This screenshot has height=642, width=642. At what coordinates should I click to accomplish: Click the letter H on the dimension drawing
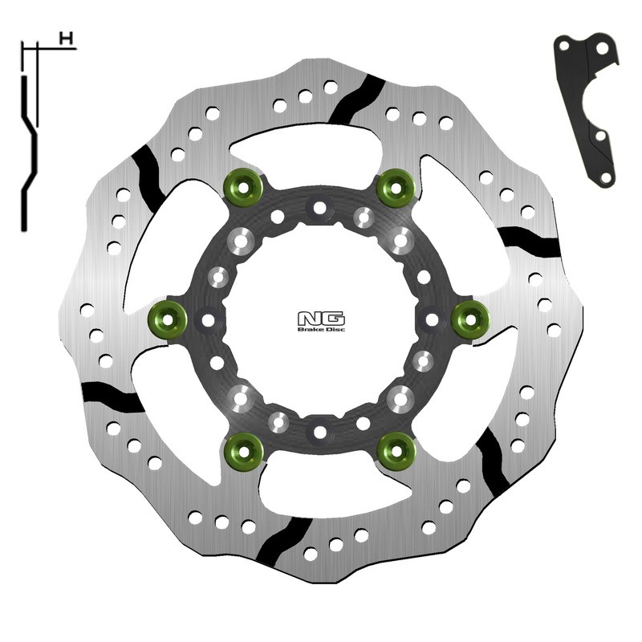(x=66, y=38)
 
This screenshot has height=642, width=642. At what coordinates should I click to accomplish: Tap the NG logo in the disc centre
(x=320, y=317)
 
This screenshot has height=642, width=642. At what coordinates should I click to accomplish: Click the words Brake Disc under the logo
(x=321, y=329)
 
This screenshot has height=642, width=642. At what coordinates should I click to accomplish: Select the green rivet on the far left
(x=167, y=319)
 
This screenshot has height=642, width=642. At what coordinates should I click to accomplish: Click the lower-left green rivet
(x=243, y=451)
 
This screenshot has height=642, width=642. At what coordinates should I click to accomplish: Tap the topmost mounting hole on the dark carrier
(x=320, y=208)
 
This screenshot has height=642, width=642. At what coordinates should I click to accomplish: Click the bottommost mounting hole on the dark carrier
(x=320, y=432)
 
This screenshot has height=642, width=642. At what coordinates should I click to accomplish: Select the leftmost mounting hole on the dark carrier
(x=208, y=319)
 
